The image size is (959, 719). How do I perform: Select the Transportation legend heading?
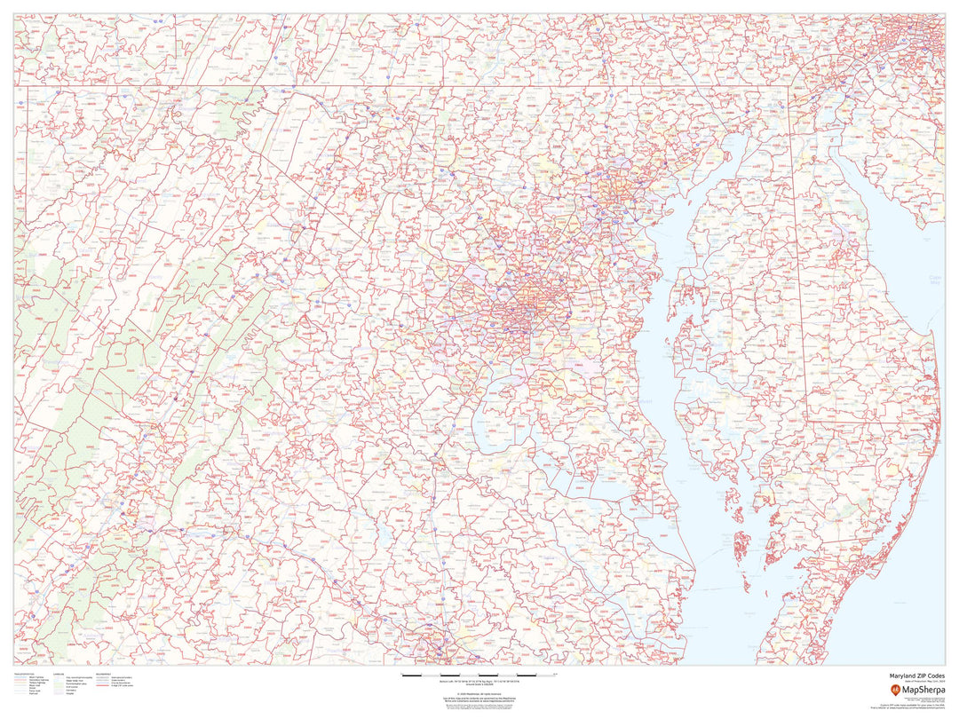click(x=24, y=673)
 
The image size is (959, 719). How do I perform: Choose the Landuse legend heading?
click(x=59, y=673)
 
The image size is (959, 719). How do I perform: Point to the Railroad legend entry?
click(x=34, y=692)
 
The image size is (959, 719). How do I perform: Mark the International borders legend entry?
click(x=120, y=676)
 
